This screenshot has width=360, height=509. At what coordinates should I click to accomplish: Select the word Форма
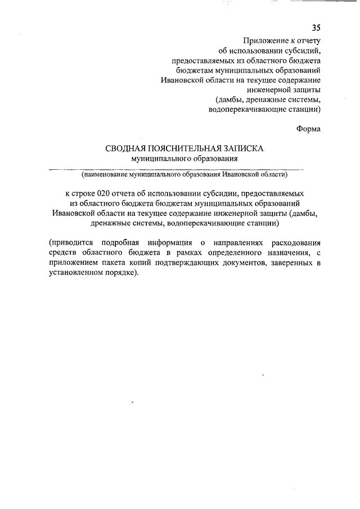[308, 129]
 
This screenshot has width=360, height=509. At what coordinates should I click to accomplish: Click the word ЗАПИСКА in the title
[242, 148]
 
